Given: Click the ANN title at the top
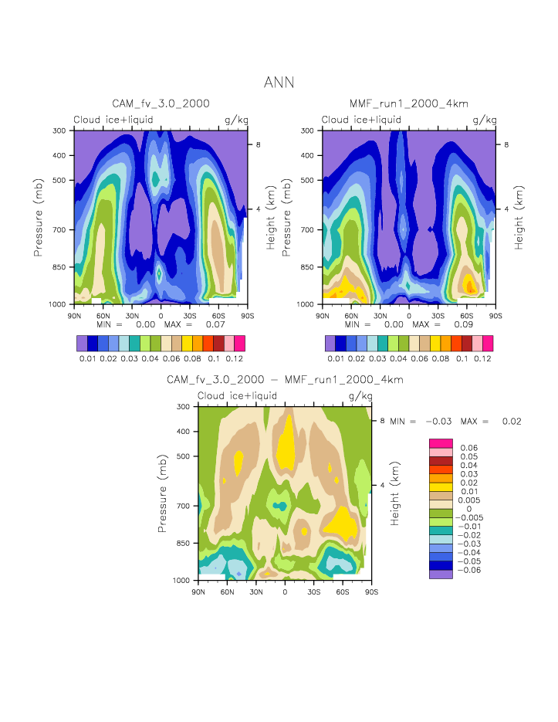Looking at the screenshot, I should coord(279,82).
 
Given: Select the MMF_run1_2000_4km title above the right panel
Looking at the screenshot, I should coord(408,104).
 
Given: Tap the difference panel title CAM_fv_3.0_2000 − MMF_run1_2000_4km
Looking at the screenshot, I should coord(285,380).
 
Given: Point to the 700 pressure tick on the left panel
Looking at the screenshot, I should coord(59,230).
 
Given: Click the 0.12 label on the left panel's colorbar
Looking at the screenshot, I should coord(235,359).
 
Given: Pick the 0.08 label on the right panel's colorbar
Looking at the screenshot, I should coord(441,359).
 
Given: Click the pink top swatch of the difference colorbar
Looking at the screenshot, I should coord(440,442).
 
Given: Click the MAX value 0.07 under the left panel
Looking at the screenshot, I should coord(215,325).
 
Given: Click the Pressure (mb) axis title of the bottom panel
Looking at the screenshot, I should coord(163,493).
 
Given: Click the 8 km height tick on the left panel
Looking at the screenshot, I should coord(258,144).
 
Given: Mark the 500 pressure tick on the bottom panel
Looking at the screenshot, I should coord(184,456).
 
